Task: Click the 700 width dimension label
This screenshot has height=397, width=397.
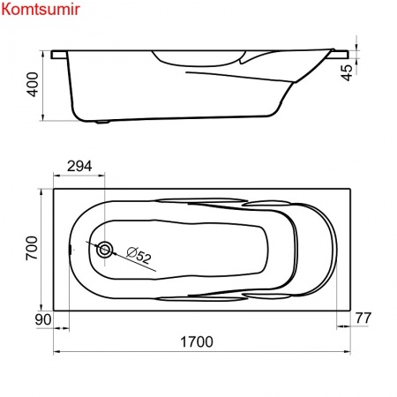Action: tap(34, 249)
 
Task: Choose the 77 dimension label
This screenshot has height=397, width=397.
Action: tap(362, 318)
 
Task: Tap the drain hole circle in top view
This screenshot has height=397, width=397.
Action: tap(105, 250)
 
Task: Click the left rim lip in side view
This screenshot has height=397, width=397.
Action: tap(58, 55)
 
